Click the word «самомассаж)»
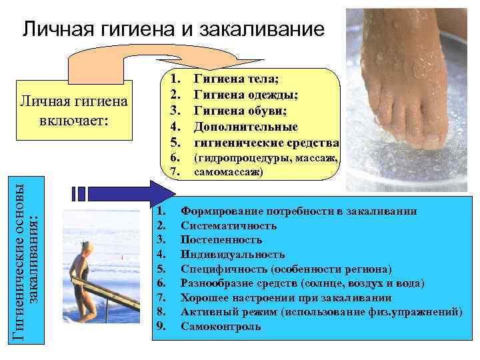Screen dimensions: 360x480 tap(228, 172)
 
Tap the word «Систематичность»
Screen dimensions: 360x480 tap(229, 225)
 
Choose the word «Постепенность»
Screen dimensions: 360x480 tap(221, 239)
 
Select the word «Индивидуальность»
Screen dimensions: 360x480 tap(233, 254)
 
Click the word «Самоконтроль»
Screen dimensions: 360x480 tap(221, 327)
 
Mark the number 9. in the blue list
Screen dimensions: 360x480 tap(160, 327)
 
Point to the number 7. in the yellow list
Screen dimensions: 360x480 tap(175, 172)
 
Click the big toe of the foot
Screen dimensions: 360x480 tap(437, 136)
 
